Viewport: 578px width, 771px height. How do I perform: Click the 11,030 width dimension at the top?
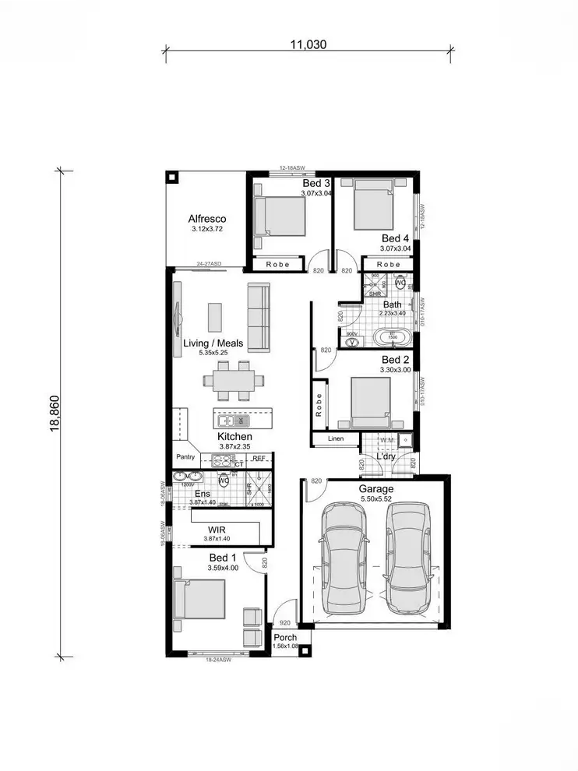[308, 45]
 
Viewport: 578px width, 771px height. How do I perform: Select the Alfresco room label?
[206, 220]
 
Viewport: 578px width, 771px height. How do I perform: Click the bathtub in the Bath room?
[393, 339]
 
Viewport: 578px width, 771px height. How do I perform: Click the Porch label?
[284, 637]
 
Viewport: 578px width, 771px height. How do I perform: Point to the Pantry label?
[185, 458]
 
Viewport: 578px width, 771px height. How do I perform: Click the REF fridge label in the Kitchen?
[259, 459]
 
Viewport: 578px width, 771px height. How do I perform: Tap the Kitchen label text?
[234, 438]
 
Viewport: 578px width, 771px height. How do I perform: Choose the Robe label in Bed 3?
[277, 265]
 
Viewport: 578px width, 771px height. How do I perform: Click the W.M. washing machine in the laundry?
[387, 441]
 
